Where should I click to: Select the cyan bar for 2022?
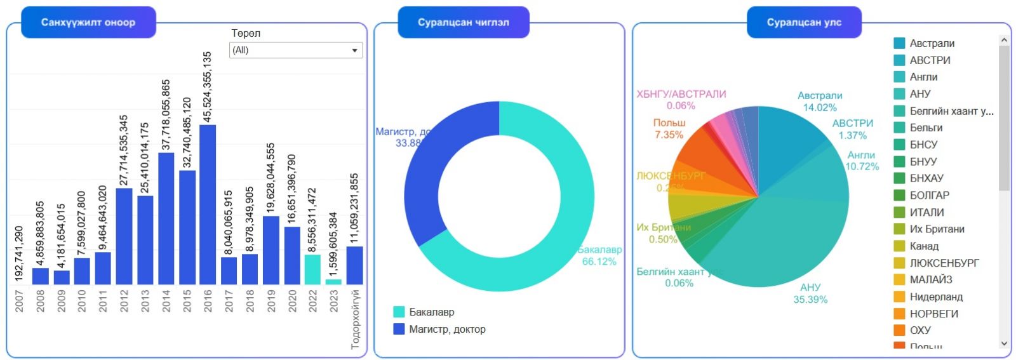pos(312,269)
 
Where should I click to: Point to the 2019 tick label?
pos(271,301)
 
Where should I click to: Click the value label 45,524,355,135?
pos(208,87)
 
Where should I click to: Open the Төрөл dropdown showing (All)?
pos(296,50)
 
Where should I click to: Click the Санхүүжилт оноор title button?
pos(88,22)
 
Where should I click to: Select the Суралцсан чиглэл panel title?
pos(463,22)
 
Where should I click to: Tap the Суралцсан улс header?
pos(804,22)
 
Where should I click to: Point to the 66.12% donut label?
pos(599,262)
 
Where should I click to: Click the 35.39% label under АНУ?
pos(810,300)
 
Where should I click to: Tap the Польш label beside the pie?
pos(669,123)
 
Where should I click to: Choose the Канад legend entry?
pos(924,246)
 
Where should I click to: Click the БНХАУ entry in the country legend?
pos(926,178)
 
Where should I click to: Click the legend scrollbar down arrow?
pos(1004,343)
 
